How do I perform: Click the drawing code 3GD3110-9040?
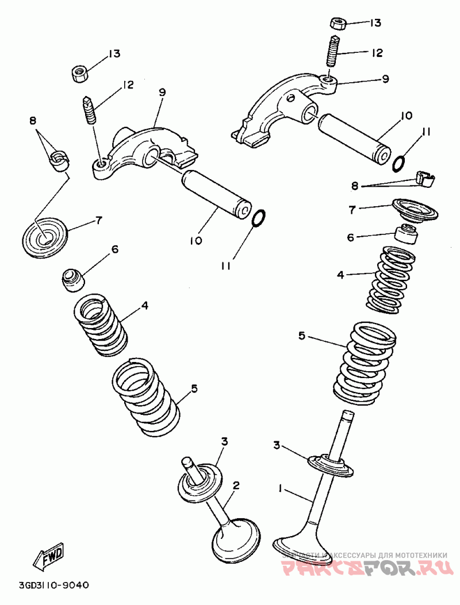click(54, 585)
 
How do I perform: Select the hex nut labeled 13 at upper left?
click(79, 73)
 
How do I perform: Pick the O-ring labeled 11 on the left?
click(259, 218)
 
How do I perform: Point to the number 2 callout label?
click(235, 485)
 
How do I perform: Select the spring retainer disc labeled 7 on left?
click(45, 237)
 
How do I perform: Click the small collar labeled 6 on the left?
click(73, 278)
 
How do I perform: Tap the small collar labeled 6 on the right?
click(406, 234)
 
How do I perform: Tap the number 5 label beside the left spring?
click(194, 389)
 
